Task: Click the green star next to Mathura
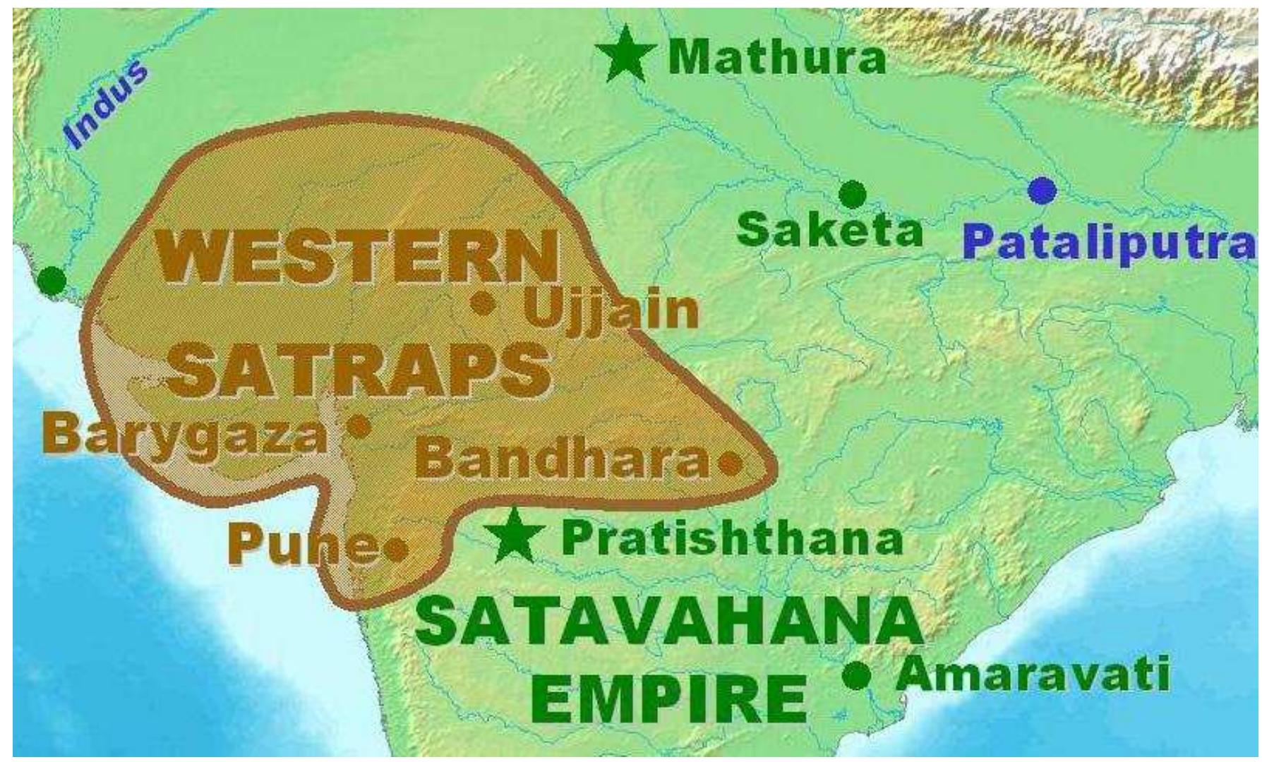625,55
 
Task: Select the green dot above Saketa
853,193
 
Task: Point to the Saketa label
830,230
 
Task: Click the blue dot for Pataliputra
1042,189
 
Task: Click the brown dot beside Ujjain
483,303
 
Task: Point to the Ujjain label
611,310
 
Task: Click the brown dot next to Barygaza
360,425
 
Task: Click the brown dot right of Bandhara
730,464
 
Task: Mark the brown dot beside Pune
397,547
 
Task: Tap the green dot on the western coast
51,281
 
